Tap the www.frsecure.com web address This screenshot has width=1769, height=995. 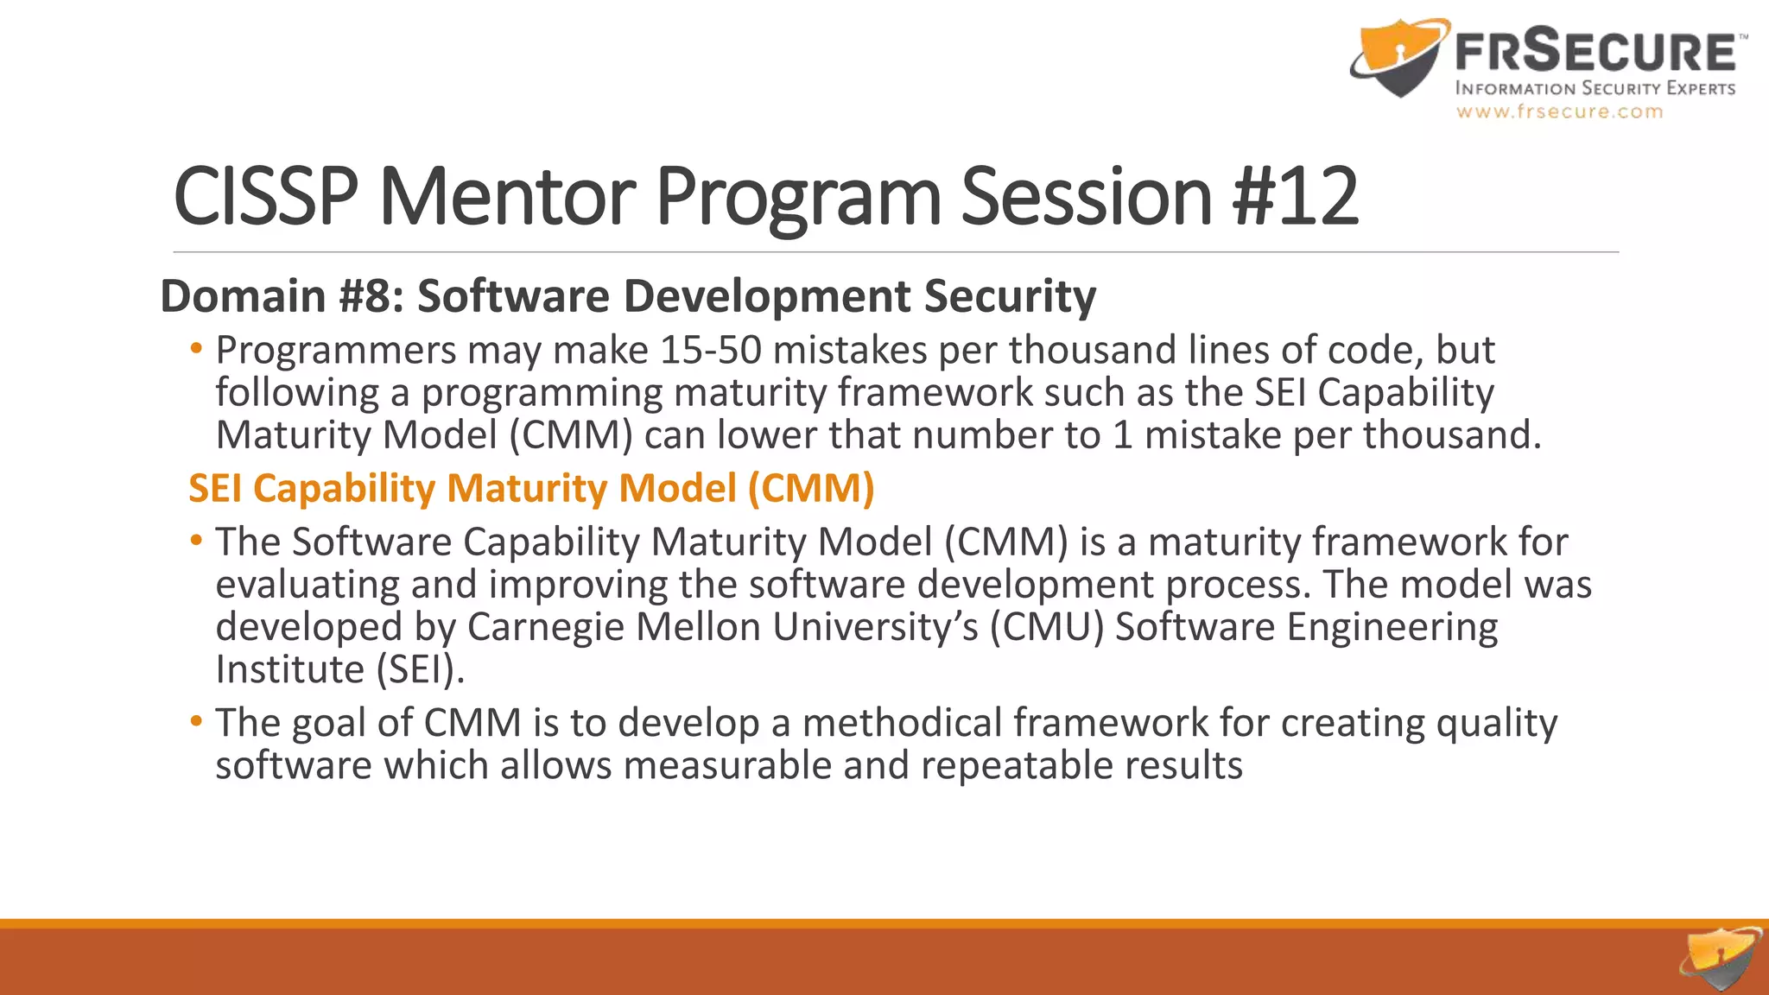tap(1559, 112)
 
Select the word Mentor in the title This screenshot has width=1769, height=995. tap(507, 197)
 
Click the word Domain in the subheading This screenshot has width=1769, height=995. tap(243, 296)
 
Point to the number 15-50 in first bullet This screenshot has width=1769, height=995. tap(710, 351)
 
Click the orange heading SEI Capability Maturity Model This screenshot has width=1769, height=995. tap(531, 488)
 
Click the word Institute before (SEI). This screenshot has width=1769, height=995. tap(290, 669)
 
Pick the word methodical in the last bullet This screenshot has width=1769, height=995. tap(902, 723)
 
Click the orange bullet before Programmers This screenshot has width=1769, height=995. tap(197, 350)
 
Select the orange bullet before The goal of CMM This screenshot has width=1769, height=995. tap(197, 721)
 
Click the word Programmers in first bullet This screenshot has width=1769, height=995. tap(336, 351)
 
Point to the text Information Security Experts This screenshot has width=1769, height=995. tap(1595, 88)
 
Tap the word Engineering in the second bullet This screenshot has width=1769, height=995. tap(1392, 627)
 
